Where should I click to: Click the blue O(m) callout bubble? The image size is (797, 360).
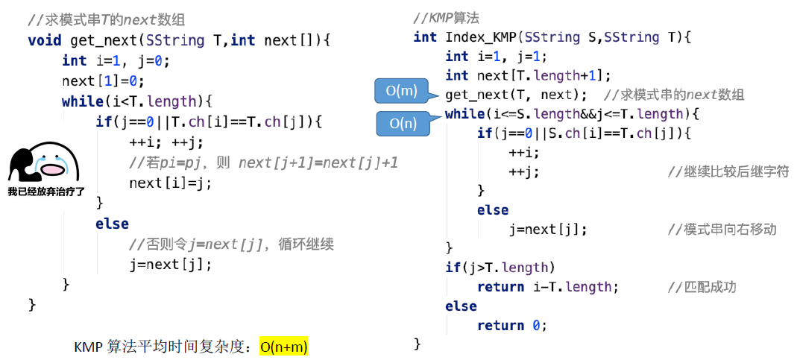click(x=400, y=91)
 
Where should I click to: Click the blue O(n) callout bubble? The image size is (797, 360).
click(x=403, y=124)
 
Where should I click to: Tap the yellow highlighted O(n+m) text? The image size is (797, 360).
click(x=283, y=347)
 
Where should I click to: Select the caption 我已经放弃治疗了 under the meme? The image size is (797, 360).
click(x=46, y=192)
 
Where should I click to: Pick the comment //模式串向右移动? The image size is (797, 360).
click(x=722, y=230)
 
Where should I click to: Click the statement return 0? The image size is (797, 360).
click(x=511, y=325)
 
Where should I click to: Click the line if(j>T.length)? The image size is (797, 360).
click(x=500, y=268)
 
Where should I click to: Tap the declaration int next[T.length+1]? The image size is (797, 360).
click(x=528, y=75)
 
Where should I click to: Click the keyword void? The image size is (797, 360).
click(x=45, y=40)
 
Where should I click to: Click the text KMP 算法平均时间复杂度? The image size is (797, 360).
click(x=163, y=347)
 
